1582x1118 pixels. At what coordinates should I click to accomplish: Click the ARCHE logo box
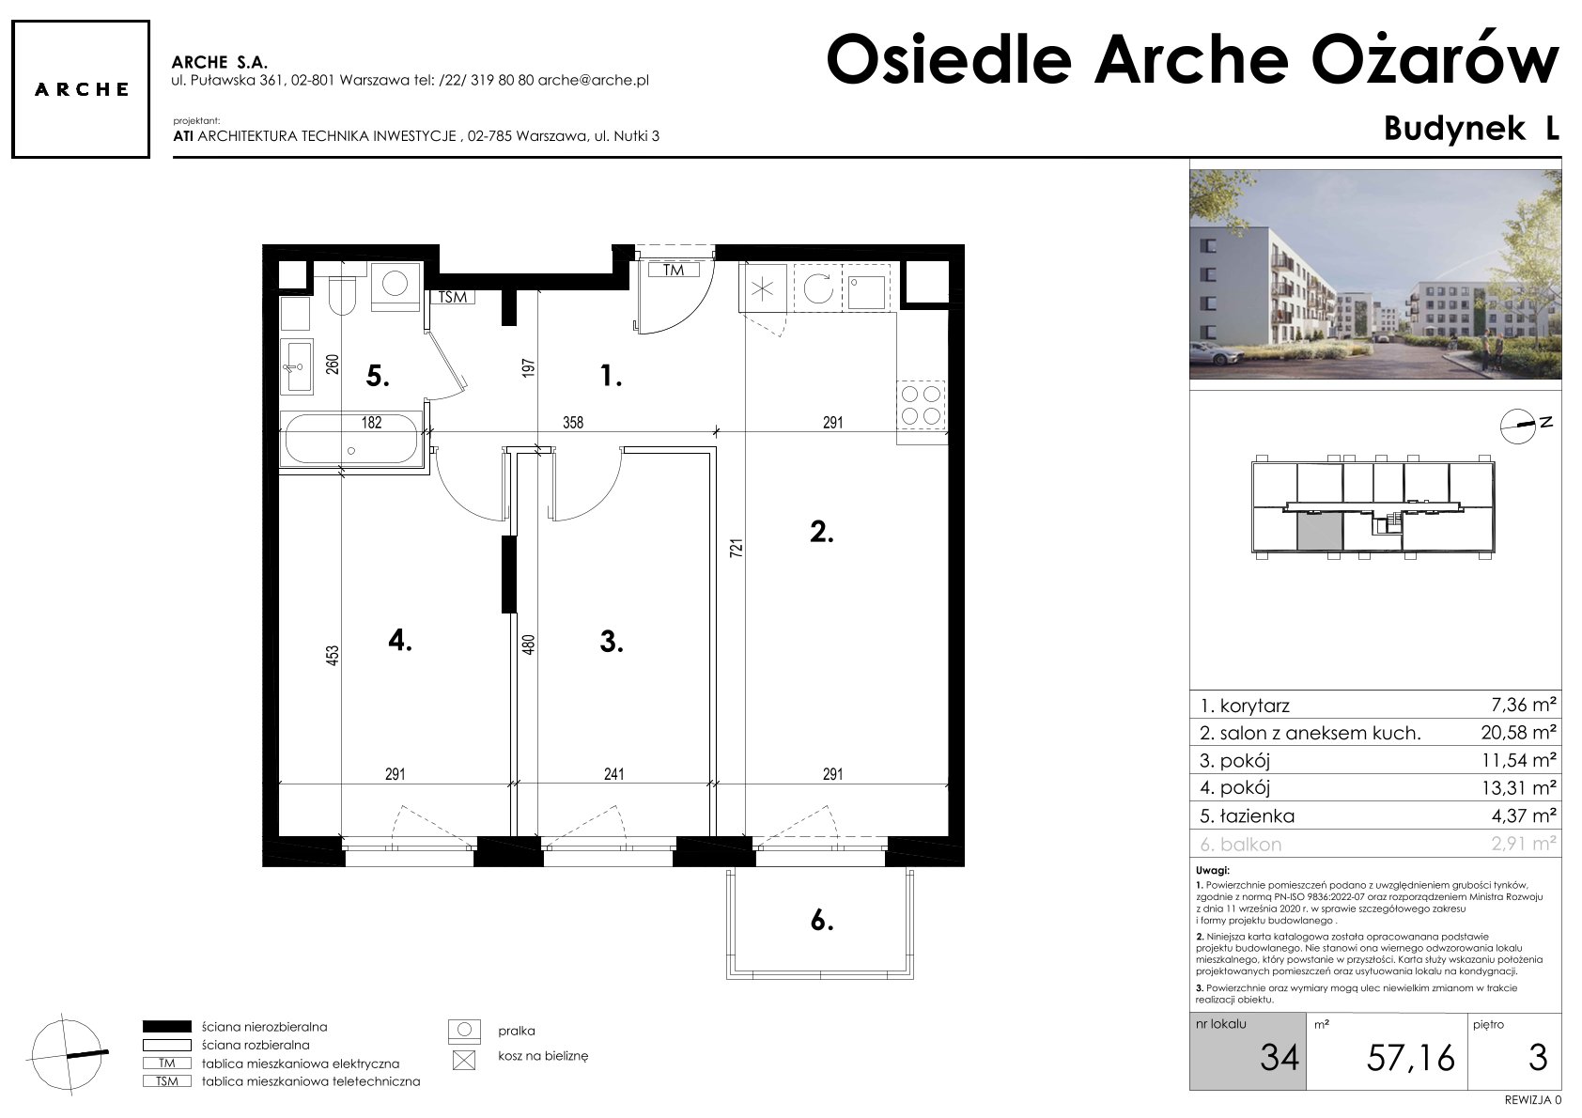coord(81,89)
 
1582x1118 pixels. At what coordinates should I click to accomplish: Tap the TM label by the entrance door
coord(673,270)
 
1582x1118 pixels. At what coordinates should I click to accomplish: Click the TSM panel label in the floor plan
coord(453,297)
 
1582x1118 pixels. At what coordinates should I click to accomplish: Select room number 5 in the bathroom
coord(378,377)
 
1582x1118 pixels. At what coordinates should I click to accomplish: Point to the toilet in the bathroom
coord(343,295)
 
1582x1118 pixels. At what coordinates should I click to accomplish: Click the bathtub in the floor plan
coord(351,440)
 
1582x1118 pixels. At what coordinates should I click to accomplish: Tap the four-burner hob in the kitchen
coord(922,405)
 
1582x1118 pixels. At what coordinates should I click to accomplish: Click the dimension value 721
coord(736,549)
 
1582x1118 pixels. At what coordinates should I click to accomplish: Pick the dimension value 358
coord(573,423)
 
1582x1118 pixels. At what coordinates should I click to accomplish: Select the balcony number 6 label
coord(821,921)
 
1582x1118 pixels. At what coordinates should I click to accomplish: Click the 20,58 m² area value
coord(1518,733)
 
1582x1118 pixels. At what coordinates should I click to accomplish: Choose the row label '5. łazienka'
coord(1247,816)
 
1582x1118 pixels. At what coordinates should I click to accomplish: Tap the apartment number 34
coord(1279,1057)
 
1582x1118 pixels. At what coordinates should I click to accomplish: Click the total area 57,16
coord(1410,1057)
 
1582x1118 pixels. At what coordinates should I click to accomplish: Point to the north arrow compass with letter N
coord(1518,427)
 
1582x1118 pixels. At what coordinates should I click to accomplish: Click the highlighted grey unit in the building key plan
coord(1319,531)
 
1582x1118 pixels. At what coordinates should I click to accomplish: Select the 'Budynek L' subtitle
coord(1471,129)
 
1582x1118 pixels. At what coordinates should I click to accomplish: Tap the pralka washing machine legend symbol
coord(464,1032)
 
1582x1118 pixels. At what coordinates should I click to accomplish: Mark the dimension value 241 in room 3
coord(613,774)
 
